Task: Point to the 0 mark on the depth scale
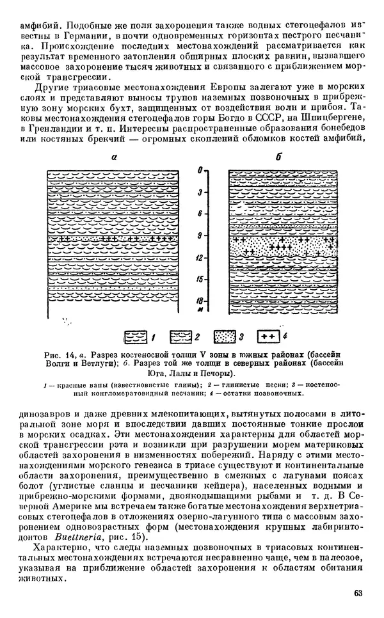tap(200, 170)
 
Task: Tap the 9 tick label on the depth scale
tap(200, 235)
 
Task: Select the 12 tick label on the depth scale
tap(200, 257)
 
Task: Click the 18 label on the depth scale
tap(200, 299)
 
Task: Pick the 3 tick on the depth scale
tap(200, 192)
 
